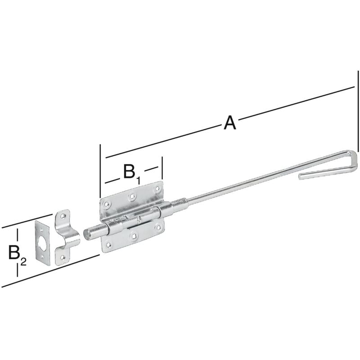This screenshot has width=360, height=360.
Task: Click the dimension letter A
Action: pos(230,123)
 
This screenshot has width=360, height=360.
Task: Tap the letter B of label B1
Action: pos(129,171)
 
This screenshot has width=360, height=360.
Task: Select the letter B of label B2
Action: pos(14,252)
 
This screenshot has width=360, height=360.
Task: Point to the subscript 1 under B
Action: pos(139,180)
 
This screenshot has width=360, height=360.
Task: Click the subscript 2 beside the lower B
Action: pos(23,261)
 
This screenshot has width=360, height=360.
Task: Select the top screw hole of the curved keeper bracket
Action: pos(63,216)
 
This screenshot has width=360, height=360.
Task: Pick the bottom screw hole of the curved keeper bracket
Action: pos(63,257)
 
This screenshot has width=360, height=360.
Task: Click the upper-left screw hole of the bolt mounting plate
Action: pos(106,204)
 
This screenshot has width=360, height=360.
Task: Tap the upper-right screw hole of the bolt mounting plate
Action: pos(157,189)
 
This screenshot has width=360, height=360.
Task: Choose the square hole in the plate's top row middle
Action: pos(132,196)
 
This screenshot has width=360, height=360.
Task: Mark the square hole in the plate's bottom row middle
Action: pos(133,236)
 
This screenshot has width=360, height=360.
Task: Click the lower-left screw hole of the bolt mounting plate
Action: pos(108,245)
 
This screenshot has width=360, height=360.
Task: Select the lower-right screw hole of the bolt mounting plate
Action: pos(158,228)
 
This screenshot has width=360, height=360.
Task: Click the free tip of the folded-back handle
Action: pos(300,176)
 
